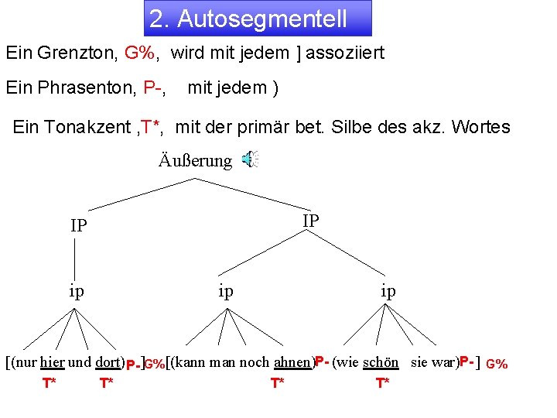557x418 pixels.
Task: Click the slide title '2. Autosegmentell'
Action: [248, 19]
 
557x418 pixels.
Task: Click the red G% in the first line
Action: [141, 54]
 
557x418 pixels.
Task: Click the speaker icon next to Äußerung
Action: [249, 160]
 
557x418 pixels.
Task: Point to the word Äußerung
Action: [195, 161]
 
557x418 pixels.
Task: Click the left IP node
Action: [78, 226]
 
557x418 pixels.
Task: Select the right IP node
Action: [310, 221]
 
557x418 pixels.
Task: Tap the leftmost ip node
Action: [77, 291]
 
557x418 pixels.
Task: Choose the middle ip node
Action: [225, 291]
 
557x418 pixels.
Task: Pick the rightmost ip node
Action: [388, 291]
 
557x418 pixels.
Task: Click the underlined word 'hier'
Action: [52, 361]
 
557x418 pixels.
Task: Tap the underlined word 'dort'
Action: [109, 361]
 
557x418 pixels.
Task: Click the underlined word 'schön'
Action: [381, 361]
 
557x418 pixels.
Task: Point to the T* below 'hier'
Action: [49, 383]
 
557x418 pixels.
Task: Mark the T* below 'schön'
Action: [382, 383]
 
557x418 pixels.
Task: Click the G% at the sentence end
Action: [497, 364]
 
